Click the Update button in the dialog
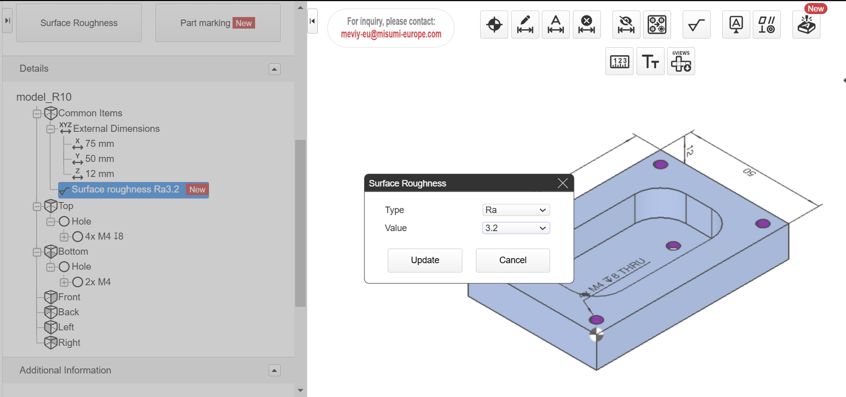coord(425,260)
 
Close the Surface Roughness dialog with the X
coord(562,183)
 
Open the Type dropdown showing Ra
coord(516,210)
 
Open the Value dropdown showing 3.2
coord(516,228)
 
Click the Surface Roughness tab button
coord(79,23)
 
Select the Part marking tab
coord(218,23)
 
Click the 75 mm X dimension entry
coord(99,144)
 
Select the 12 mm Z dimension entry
coord(99,174)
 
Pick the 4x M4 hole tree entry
coord(104,237)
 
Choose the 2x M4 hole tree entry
coord(98,282)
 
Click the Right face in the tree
coord(69,343)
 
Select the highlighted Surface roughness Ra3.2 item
coord(125,189)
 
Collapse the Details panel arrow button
coord(274,69)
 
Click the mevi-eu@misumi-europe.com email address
coord(391,34)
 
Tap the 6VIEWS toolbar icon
coord(681,61)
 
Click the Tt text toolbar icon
coord(650,61)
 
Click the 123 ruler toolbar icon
coord(619,61)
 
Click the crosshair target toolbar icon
coord(494,25)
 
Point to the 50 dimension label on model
coord(749,172)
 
